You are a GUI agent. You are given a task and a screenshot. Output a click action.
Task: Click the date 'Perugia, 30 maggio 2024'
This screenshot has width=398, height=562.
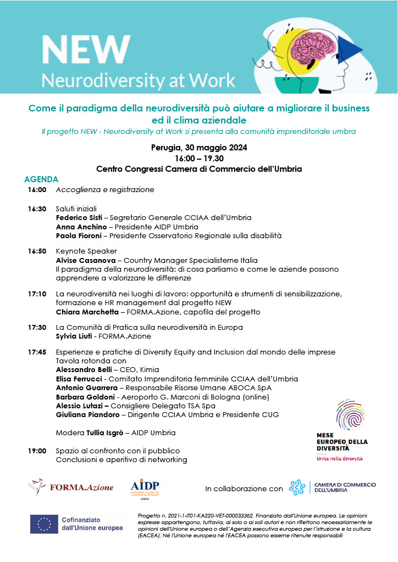click(199, 148)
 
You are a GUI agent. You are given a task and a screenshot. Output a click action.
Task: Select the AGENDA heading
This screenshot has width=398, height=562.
click(41, 179)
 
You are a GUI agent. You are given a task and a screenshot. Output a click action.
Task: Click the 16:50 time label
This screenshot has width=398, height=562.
click(37, 251)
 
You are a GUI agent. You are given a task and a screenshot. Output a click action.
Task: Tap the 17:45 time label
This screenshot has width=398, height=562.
click(37, 352)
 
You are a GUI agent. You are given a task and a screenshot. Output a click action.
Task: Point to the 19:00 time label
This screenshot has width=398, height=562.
click(37, 451)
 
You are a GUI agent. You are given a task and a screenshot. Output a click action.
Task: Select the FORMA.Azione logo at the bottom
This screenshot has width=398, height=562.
click(71, 487)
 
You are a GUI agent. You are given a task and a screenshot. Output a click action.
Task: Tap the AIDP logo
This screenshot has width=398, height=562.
click(145, 488)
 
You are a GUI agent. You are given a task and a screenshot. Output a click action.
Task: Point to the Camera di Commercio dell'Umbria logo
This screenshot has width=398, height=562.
click(333, 487)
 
